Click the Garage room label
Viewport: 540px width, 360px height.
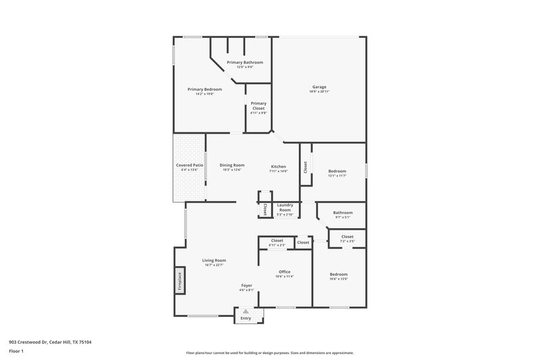click(x=319, y=86)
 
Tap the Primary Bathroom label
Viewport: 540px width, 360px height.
click(x=244, y=62)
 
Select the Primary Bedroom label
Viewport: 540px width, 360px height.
click(x=205, y=89)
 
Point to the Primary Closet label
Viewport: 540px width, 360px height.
click(x=259, y=103)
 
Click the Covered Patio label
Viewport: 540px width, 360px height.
click(x=190, y=165)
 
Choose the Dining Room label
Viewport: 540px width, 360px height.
click(x=232, y=165)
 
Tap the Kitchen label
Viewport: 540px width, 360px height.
click(x=279, y=166)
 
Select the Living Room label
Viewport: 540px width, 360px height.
click(x=214, y=260)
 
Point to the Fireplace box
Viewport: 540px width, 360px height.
click(x=180, y=281)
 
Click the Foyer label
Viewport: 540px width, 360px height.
click(x=246, y=286)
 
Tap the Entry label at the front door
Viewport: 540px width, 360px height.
click(x=245, y=318)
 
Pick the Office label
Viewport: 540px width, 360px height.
click(x=284, y=272)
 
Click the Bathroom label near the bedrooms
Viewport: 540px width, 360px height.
click(x=342, y=213)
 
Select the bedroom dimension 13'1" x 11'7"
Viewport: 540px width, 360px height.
click(x=337, y=176)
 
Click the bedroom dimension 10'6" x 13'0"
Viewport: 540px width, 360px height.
click(x=338, y=278)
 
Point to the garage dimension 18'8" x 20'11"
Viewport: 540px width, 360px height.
click(x=319, y=91)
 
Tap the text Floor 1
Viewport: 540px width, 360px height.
click(x=16, y=351)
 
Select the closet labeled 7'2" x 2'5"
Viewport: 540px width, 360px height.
click(x=347, y=240)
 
